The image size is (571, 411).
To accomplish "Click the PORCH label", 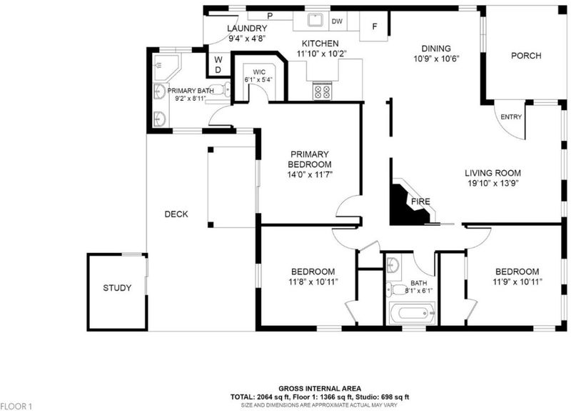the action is coord(526,56).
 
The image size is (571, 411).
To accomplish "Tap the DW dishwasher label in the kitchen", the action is coord(337,21).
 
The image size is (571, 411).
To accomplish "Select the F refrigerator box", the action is coord(374,26).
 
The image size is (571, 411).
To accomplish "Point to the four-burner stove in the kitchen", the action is coord(323,91).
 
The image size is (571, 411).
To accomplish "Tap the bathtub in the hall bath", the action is coord(413,313).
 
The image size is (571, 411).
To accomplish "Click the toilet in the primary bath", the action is coord(221,89).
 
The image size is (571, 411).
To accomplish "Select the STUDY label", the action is coord(117,288).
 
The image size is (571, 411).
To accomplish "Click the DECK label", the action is coord(176,214).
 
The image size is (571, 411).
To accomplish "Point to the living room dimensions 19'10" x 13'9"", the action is coord(493,183).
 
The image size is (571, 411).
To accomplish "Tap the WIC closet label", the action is coord(259,72).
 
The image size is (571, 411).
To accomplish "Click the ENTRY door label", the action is coord(511,117).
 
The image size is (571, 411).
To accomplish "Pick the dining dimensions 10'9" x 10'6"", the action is coord(436,59).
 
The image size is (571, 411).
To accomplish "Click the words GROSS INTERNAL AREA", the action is coord(320,389).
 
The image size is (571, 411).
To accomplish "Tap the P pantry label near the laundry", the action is coord(270,16).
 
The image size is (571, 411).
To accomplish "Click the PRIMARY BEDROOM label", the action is coord(310,159).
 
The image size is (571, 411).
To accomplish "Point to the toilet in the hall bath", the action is coord(393,289).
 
